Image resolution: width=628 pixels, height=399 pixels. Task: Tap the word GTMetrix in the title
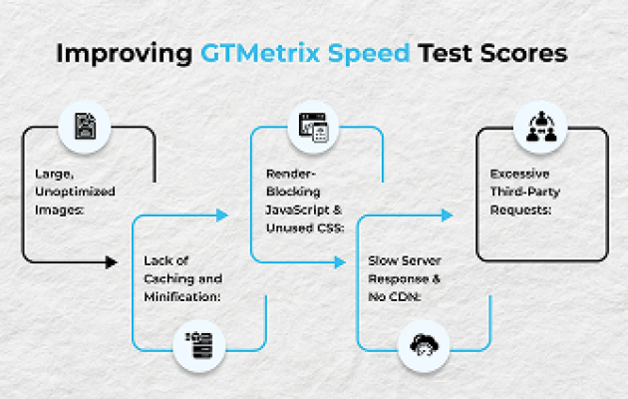260,53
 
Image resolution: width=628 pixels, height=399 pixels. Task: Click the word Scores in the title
524,53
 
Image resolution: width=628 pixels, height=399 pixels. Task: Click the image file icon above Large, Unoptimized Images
85,127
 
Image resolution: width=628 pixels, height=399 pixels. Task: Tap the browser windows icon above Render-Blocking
313,127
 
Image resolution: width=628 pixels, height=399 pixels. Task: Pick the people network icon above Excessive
541,127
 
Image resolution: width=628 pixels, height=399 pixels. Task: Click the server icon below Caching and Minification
199,345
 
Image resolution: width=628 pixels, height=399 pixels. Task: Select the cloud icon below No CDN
424,344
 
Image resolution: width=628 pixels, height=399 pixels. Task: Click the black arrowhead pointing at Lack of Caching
112,262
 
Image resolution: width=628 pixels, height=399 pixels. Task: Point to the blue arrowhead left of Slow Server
340,262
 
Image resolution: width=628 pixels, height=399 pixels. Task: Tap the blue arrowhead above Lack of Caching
222,215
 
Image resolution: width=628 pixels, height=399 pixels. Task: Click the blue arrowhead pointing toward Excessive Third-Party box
447,215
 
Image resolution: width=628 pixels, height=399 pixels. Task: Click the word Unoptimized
75,192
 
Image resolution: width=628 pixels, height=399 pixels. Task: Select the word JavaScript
298,209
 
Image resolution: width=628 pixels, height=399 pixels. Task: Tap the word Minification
182,297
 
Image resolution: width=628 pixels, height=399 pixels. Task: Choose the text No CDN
395,297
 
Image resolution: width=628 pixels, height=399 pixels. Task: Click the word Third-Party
525,192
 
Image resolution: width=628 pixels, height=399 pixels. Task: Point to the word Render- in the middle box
291,174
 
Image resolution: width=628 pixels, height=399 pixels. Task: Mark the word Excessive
519,174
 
